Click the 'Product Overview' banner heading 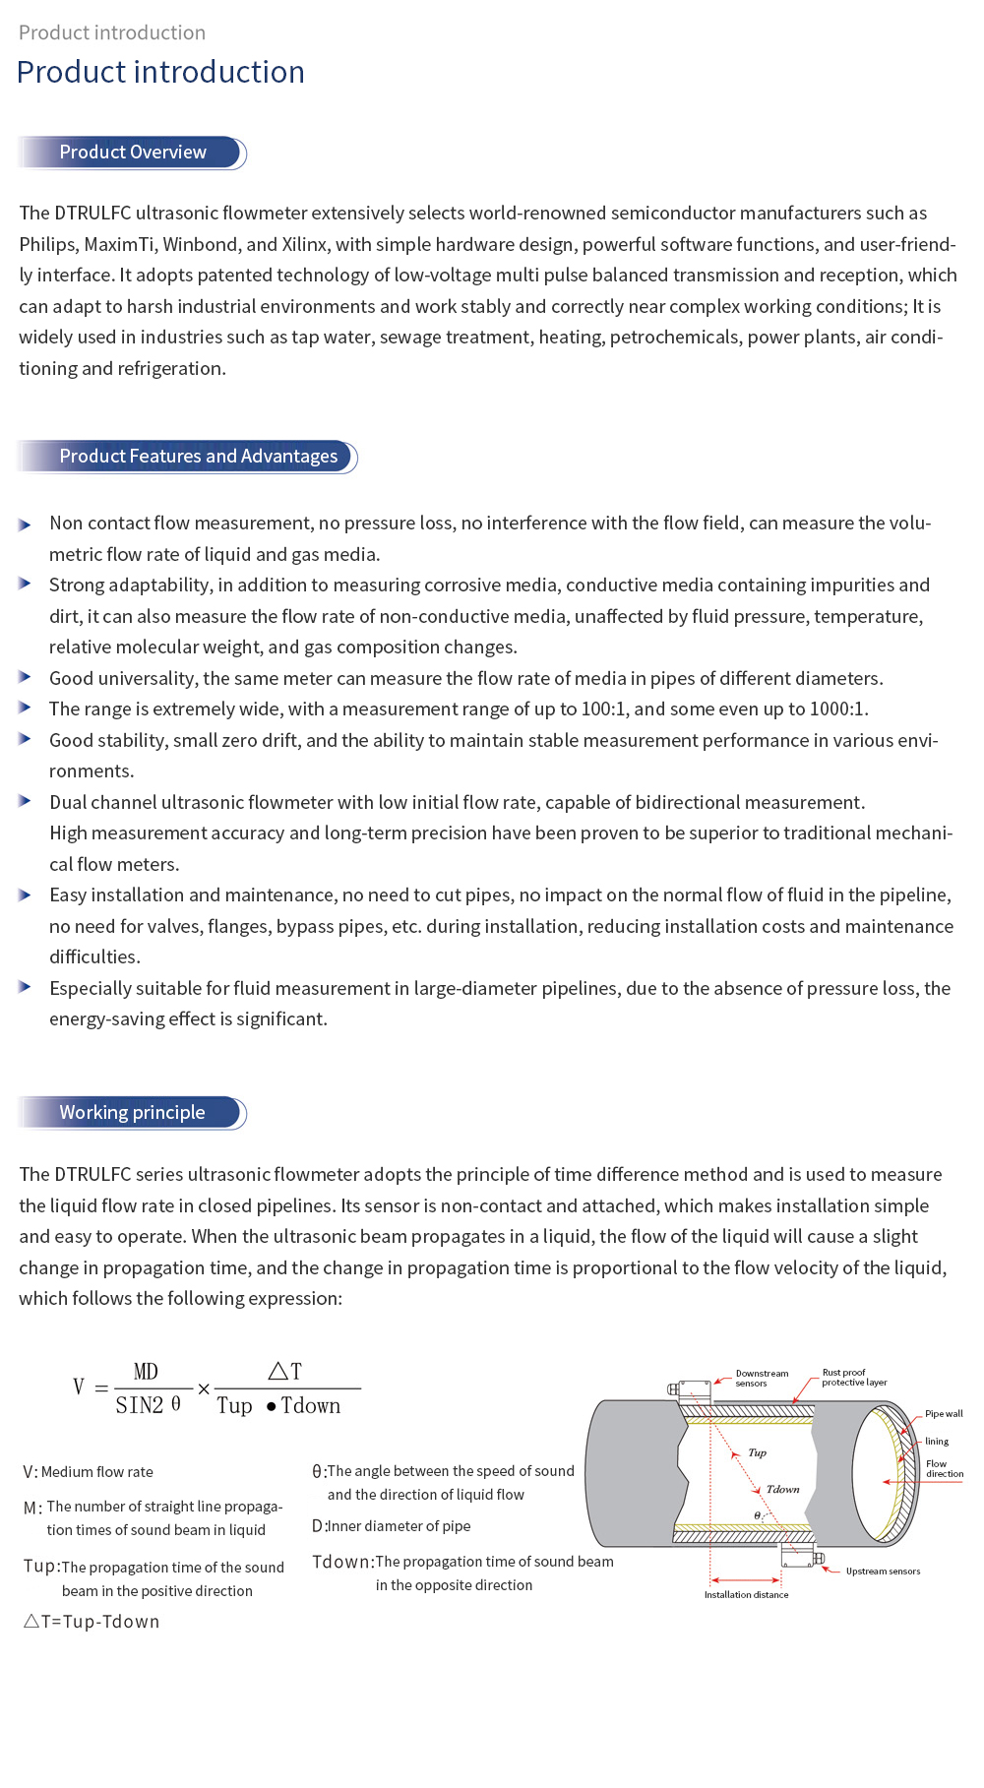(x=133, y=153)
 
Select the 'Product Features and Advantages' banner (x=198, y=457)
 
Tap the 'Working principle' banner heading (x=132, y=1113)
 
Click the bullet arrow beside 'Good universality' (x=25, y=678)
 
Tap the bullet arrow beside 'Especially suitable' (x=25, y=987)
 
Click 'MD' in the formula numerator (x=146, y=1372)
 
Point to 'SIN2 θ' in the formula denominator (x=149, y=1405)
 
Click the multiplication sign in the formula (x=204, y=1389)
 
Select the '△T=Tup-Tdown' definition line (x=92, y=1622)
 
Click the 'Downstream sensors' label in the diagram (x=762, y=1379)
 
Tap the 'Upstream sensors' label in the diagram (x=883, y=1572)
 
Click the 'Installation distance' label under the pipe (x=746, y=1595)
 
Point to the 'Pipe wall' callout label (x=944, y=1414)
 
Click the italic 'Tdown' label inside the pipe (x=783, y=1490)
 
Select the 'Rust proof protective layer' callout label (x=854, y=1378)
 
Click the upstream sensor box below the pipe (x=797, y=1556)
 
